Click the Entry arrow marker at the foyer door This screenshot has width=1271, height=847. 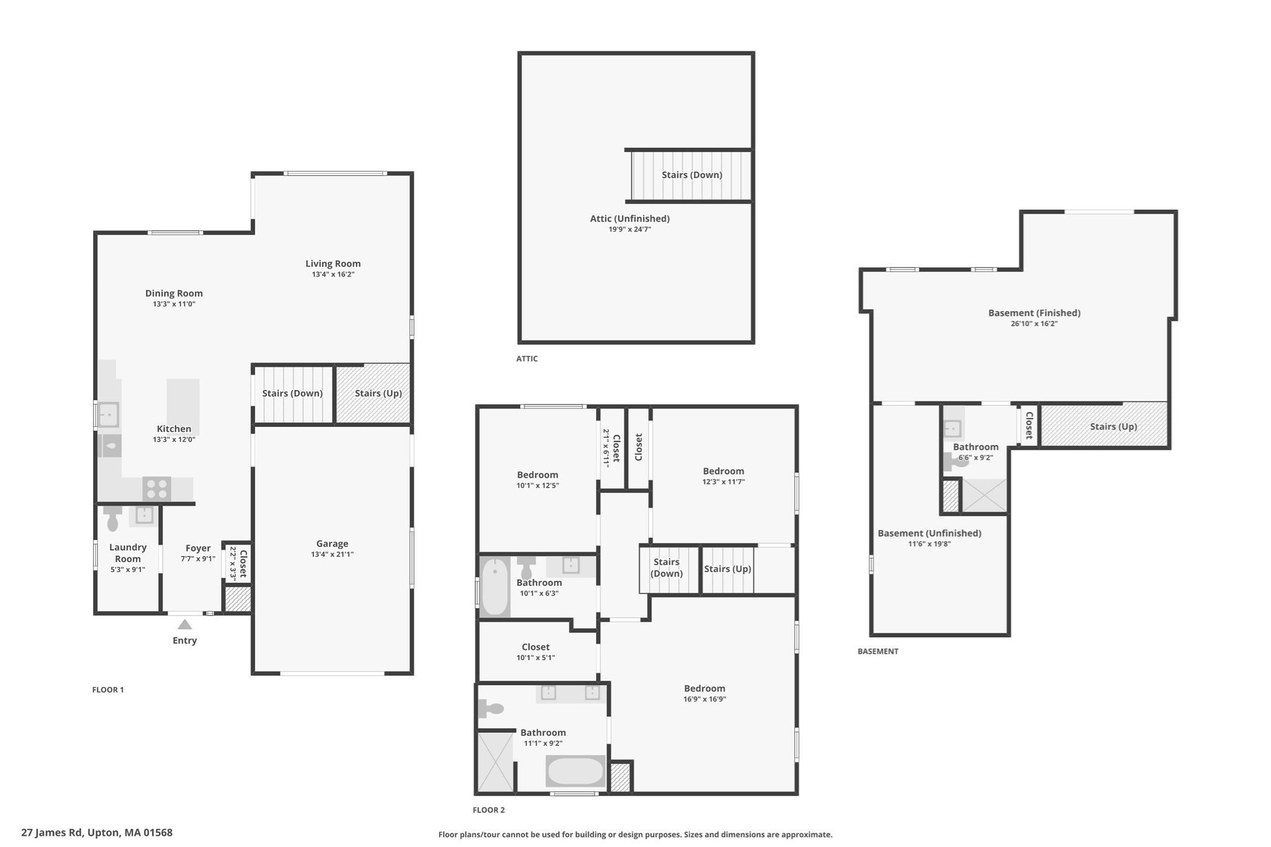point(184,624)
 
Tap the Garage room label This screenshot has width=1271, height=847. point(332,544)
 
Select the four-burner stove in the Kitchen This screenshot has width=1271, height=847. point(156,488)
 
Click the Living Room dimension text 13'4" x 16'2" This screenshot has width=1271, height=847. point(333,274)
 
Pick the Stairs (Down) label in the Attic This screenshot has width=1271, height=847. point(691,175)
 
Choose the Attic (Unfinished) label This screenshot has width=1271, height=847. point(629,218)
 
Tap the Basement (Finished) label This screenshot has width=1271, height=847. point(1034,313)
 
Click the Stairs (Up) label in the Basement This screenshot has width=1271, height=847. point(1113,426)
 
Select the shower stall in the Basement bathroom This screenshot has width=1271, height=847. point(984,495)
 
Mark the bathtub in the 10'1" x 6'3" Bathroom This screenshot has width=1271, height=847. point(495,587)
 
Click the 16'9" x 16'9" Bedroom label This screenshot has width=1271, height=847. point(704,688)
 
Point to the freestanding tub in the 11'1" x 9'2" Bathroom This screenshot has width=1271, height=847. point(575,771)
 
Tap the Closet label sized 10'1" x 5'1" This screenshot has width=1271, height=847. point(536,647)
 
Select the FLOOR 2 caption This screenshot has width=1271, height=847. point(488,810)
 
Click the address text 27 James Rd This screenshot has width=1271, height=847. point(52,833)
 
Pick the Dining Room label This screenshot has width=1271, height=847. point(174,294)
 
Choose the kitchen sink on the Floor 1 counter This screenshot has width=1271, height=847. point(109,413)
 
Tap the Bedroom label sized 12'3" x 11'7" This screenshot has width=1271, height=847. point(723,471)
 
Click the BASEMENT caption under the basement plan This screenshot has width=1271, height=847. point(878,651)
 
